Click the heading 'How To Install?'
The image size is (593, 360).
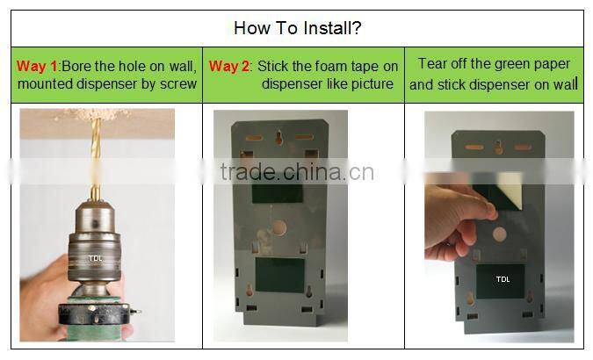point(297,27)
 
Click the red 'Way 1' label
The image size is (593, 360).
point(36,66)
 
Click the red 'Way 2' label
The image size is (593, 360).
point(227,66)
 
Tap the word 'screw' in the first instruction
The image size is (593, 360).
point(177,84)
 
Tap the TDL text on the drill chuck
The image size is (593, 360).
point(95,259)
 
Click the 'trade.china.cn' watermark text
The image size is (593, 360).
point(297,170)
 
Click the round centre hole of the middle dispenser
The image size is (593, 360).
point(279,228)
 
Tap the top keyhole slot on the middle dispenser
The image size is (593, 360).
point(279,138)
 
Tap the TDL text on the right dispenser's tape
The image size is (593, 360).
point(503,279)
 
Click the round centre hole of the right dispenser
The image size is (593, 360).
point(499,234)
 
